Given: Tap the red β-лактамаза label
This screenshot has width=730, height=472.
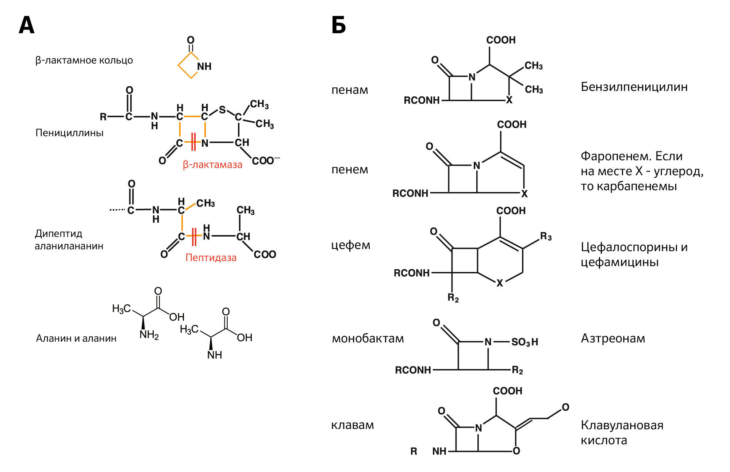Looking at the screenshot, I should click(x=212, y=165).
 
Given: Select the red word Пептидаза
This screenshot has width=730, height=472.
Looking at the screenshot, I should click(x=211, y=258).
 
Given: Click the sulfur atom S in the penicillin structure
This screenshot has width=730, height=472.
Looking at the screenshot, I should click(x=222, y=110).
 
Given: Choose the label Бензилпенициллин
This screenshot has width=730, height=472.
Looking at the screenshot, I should click(x=634, y=87).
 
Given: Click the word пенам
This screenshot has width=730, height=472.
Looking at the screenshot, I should click(x=350, y=90).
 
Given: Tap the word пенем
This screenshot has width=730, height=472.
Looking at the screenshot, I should click(x=350, y=169).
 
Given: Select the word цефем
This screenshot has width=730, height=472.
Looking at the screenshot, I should click(x=350, y=245).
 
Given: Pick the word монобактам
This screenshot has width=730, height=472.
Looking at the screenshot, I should click(x=368, y=338).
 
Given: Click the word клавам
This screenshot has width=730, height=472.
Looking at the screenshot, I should click(x=352, y=425).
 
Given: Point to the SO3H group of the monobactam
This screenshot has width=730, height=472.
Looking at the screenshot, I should click(x=525, y=342).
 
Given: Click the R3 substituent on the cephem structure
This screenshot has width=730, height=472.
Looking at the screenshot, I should click(x=546, y=237).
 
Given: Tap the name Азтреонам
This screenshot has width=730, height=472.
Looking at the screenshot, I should click(x=613, y=338).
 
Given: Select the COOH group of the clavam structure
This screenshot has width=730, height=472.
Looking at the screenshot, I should click(x=507, y=391).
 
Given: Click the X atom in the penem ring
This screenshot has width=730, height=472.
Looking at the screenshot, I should click(x=525, y=194).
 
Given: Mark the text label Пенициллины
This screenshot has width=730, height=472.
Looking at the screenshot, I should click(x=69, y=133).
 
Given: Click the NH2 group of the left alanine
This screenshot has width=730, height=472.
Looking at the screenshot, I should click(x=149, y=335).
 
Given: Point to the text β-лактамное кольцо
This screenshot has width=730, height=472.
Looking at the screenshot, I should click(x=84, y=60).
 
